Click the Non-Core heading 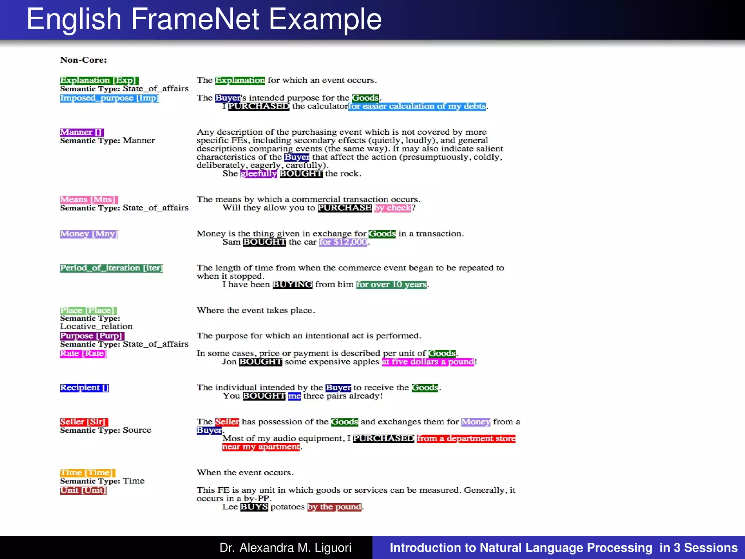click(x=83, y=60)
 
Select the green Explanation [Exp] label click(x=99, y=80)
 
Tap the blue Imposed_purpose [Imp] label click(x=109, y=98)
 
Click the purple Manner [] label click(x=82, y=132)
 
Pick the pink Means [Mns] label click(x=89, y=199)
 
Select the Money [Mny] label click(x=89, y=234)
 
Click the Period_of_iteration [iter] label click(x=111, y=268)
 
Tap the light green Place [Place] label click(x=88, y=310)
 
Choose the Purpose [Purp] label click(x=92, y=336)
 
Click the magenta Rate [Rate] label click(x=83, y=353)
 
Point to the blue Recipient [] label click(x=84, y=388)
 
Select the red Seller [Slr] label click(x=84, y=422)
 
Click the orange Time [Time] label click(x=87, y=473)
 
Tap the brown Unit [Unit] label click(x=83, y=490)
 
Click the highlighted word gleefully click(x=259, y=174)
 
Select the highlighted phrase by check click(x=393, y=208)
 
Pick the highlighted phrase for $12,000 click(x=343, y=242)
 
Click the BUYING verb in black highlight click(x=292, y=285)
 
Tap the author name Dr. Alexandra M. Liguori click(x=285, y=547)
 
